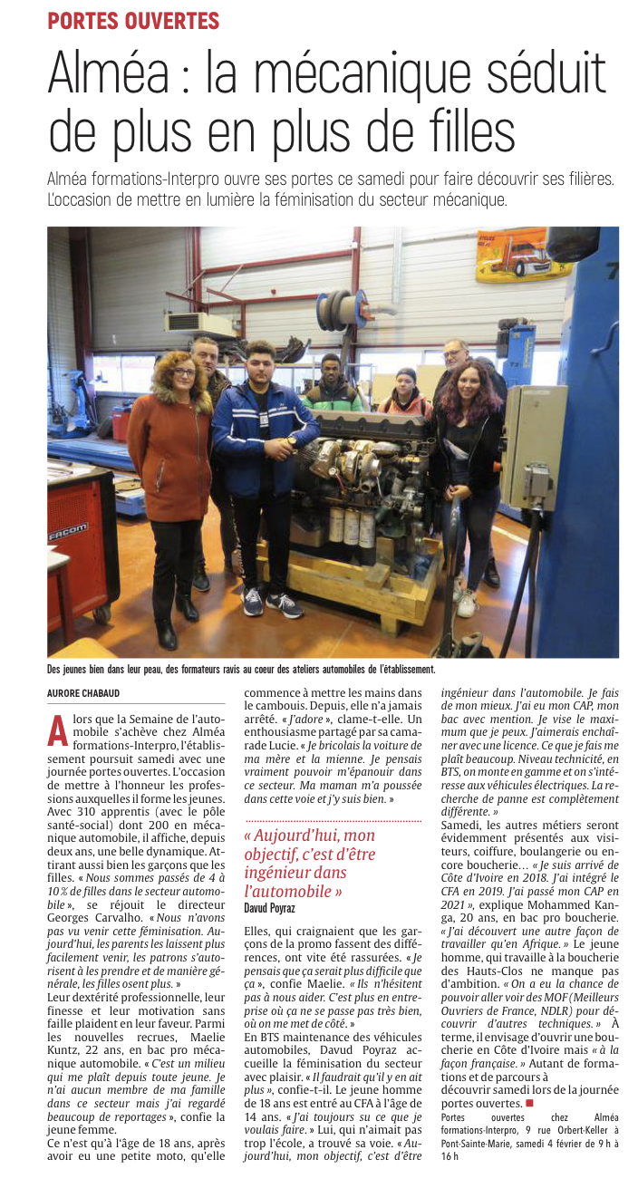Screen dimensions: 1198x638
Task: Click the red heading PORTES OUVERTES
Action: click(x=133, y=20)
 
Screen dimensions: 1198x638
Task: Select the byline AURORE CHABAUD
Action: click(x=84, y=693)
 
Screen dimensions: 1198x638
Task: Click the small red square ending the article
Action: click(x=530, y=1103)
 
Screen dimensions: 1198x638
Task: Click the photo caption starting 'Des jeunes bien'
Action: click(x=241, y=669)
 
